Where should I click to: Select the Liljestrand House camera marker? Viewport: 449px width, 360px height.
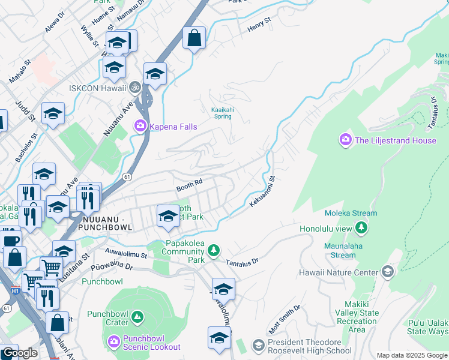[345, 140]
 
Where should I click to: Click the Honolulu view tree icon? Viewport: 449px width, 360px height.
[361, 228]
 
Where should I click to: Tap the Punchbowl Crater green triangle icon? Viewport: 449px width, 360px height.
[137, 316]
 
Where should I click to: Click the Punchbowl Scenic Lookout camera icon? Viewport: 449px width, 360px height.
[114, 341]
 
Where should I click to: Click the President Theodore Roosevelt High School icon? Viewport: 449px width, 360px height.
[258, 345]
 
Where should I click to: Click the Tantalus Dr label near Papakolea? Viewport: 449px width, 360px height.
[242, 262]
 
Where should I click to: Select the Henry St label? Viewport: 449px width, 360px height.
[259, 28]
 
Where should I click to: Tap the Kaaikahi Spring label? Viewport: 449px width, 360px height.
[229, 113]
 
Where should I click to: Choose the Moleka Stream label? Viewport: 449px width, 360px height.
[351, 213]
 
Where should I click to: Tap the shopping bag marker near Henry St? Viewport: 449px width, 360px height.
[194, 39]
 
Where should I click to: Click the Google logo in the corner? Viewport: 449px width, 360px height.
[19, 352]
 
